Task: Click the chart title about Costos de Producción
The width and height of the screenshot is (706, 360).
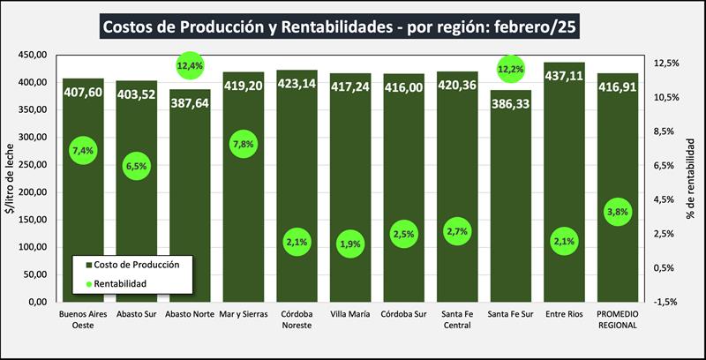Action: click(x=340, y=26)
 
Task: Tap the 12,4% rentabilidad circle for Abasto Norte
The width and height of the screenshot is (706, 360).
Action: click(x=190, y=65)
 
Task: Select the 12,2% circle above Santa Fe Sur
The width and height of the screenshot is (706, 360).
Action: click(x=511, y=68)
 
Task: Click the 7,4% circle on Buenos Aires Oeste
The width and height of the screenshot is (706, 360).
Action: click(x=82, y=151)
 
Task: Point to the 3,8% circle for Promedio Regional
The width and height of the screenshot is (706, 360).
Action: click(x=618, y=212)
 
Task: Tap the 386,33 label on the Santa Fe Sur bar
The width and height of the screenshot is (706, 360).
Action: click(x=511, y=103)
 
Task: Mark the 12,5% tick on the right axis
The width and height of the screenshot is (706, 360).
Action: click(x=665, y=63)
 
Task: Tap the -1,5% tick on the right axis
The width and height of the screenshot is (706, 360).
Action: click(x=665, y=302)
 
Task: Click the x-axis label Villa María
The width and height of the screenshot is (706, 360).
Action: click(x=350, y=314)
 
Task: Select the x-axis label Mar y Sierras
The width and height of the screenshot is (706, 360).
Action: click(x=243, y=314)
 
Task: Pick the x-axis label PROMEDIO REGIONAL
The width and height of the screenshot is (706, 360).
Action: click(x=618, y=319)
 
